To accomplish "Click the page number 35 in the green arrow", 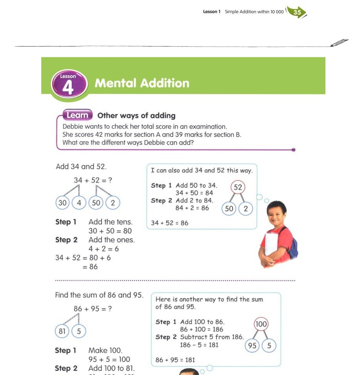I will pos(297,12).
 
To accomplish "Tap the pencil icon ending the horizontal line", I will pos(340,43).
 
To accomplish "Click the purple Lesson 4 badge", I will pos(68,84).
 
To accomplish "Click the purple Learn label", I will pos(77,115).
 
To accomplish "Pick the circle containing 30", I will pos(63,203).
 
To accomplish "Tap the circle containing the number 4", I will pos(79,203).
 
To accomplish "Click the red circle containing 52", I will pos(238,187).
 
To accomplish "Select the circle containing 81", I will pos(63,331).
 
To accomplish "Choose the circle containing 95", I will pos(252,345).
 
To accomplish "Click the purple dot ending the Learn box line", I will pos(293,150).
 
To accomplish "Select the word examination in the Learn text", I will pos(205,127).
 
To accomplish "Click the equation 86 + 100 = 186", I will pos(201,329).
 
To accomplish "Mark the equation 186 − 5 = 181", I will pos(199,345).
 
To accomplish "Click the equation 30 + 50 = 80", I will pos(110,231).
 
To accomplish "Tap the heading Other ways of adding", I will pos(136,115).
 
